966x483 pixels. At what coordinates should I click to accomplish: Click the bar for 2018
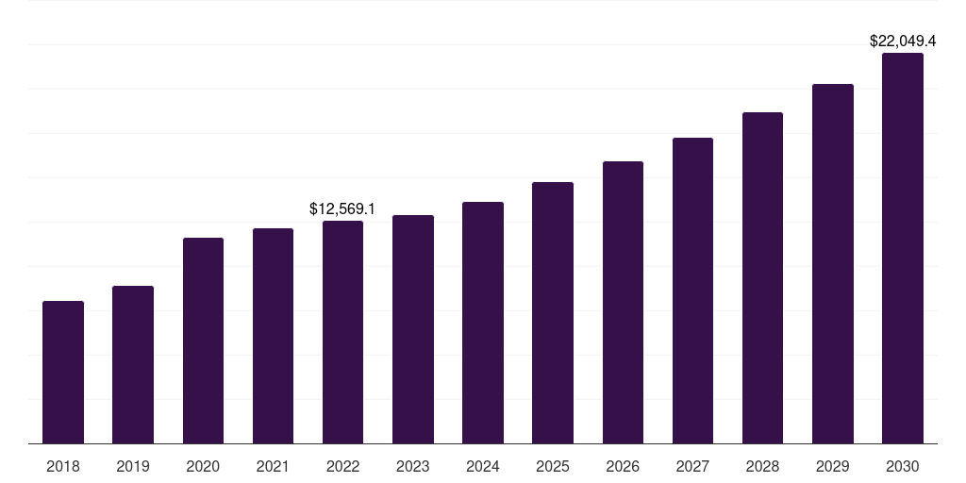click(x=63, y=373)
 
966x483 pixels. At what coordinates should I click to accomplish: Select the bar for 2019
click(x=133, y=365)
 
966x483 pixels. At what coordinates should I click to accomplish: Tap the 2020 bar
click(x=203, y=341)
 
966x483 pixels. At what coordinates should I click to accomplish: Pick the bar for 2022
click(x=342, y=332)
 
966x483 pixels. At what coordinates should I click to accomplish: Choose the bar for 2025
click(x=553, y=313)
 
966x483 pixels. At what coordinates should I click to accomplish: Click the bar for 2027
click(x=692, y=291)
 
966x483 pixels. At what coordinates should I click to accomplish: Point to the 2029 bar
click(x=833, y=264)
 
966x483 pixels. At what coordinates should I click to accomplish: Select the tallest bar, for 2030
click(x=903, y=248)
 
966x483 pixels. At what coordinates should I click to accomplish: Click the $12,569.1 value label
click(x=342, y=208)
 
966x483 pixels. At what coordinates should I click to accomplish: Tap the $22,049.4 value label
click(x=903, y=41)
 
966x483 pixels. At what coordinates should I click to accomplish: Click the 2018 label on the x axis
click(x=63, y=466)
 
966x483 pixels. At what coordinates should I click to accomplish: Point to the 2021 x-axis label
click(x=273, y=466)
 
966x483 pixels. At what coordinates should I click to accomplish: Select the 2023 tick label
click(x=413, y=466)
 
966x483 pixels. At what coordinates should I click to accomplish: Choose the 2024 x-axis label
click(x=483, y=466)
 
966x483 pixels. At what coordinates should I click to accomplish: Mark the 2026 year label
click(x=623, y=466)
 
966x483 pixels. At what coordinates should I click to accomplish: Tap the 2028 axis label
click(x=762, y=466)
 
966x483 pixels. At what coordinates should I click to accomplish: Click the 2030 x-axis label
click(x=903, y=466)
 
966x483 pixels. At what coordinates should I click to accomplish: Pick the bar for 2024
click(x=483, y=323)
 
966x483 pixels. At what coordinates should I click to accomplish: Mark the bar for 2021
click(x=273, y=336)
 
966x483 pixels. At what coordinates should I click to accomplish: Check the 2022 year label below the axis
click(x=342, y=466)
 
